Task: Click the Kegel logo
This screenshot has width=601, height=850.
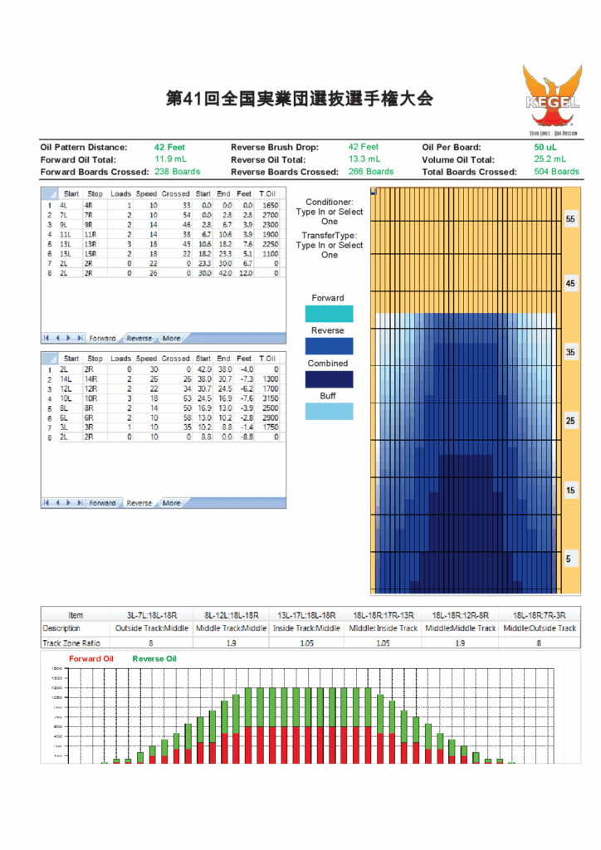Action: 552,99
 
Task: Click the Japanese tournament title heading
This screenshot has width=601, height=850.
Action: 300,98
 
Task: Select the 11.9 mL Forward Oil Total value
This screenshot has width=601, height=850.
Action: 170,159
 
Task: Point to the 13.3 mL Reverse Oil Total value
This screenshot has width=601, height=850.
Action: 364,159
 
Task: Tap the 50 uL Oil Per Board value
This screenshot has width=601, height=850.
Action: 545,147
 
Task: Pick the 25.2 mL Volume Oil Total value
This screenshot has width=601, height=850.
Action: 550,159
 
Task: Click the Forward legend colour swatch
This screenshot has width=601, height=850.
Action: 329,314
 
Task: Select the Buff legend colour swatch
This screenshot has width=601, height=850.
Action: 329,411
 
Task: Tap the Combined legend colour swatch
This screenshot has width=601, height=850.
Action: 329,379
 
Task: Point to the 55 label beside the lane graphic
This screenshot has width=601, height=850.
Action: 570,219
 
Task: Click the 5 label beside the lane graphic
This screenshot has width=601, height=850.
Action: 569,559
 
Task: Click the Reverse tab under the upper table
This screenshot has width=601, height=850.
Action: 139,339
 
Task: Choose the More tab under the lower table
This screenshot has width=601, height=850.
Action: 171,503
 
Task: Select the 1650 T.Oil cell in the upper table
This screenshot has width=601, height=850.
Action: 269,204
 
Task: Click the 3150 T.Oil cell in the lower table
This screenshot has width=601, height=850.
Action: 269,398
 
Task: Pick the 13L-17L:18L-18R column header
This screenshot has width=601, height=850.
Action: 307,615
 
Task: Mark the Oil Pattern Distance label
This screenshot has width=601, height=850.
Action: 84,147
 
